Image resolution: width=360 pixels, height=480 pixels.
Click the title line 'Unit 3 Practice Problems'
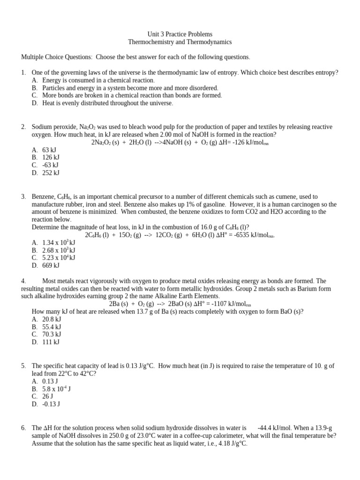(180, 34)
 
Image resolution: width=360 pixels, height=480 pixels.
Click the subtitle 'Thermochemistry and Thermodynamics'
(180, 42)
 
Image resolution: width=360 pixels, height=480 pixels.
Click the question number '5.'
(23, 366)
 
